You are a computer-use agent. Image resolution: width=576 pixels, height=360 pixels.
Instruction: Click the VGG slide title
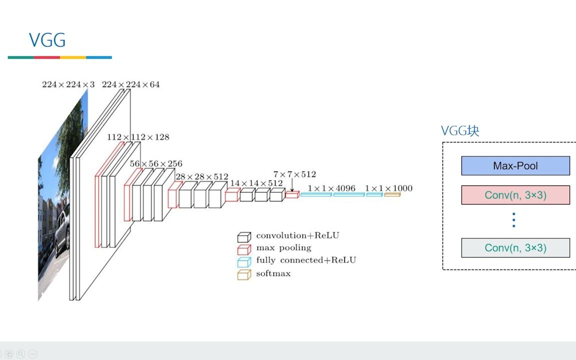(47, 40)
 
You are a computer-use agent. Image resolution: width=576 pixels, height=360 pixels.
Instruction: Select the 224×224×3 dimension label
(68, 84)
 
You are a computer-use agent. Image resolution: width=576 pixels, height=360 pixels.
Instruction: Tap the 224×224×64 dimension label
(131, 84)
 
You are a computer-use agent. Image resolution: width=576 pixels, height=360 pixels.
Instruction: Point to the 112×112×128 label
(138, 137)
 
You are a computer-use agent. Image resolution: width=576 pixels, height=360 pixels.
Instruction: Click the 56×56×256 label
(156, 163)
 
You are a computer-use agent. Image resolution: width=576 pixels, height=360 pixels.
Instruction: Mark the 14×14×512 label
(256, 183)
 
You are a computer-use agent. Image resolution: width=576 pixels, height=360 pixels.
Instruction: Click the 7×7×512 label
(294, 174)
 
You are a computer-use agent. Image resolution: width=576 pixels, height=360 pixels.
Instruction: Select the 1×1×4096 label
(331, 188)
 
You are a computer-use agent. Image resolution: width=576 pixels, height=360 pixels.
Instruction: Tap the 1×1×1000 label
(388, 188)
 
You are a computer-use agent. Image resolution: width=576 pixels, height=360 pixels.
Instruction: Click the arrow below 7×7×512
(292, 185)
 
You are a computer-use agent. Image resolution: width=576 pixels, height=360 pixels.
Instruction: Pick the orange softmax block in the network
(392, 194)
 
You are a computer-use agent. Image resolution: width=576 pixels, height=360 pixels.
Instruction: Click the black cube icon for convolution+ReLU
(243, 236)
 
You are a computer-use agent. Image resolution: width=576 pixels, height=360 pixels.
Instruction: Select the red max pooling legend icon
(243, 249)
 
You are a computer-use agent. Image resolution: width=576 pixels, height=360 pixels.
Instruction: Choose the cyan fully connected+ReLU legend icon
(243, 261)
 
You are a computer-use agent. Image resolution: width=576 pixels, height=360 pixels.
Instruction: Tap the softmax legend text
(273, 273)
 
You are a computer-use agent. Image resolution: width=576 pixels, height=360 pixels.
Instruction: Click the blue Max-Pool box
(515, 166)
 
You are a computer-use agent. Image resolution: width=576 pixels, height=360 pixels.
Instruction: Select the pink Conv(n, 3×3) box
(515, 195)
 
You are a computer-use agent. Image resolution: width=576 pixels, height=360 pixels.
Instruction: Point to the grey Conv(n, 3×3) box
(515, 247)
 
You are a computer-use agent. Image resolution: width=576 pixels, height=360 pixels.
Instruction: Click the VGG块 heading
(460, 131)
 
